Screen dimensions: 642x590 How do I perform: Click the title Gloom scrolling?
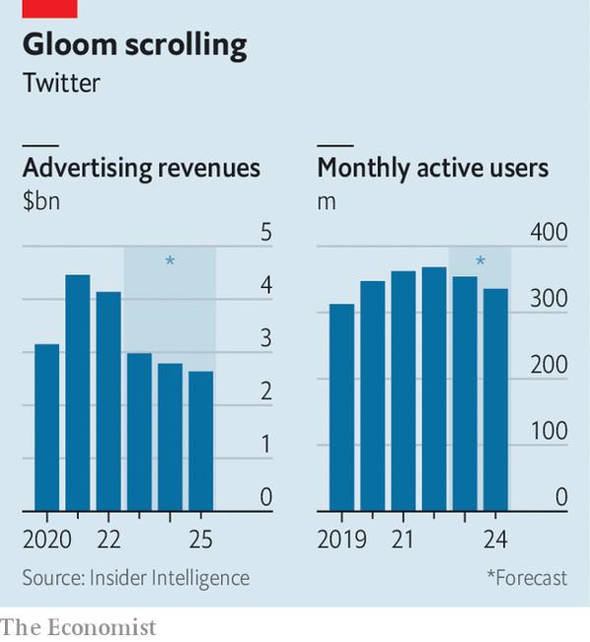[135, 45]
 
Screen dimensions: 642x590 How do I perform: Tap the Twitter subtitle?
[61, 84]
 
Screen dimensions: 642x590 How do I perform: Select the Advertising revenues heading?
[141, 168]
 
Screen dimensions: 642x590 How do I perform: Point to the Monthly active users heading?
[433, 168]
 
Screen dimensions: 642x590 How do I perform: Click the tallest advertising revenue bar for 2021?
[78, 393]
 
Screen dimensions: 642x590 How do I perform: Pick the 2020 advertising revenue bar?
[47, 428]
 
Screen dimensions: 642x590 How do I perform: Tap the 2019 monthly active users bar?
[341, 408]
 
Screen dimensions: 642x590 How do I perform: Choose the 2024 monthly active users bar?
[496, 400]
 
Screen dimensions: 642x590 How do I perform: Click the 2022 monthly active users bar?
[434, 389]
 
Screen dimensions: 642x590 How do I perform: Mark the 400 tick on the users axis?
[549, 233]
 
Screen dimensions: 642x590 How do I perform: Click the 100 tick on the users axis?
[549, 431]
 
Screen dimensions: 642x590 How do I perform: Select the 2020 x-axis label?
[47, 540]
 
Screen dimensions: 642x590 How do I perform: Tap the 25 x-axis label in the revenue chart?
[201, 540]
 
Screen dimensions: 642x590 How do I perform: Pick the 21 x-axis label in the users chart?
[403, 540]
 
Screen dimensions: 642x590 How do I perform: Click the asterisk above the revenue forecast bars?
[169, 262]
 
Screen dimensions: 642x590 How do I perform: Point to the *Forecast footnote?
[526, 578]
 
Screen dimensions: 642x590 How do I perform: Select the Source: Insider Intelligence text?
[136, 578]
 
